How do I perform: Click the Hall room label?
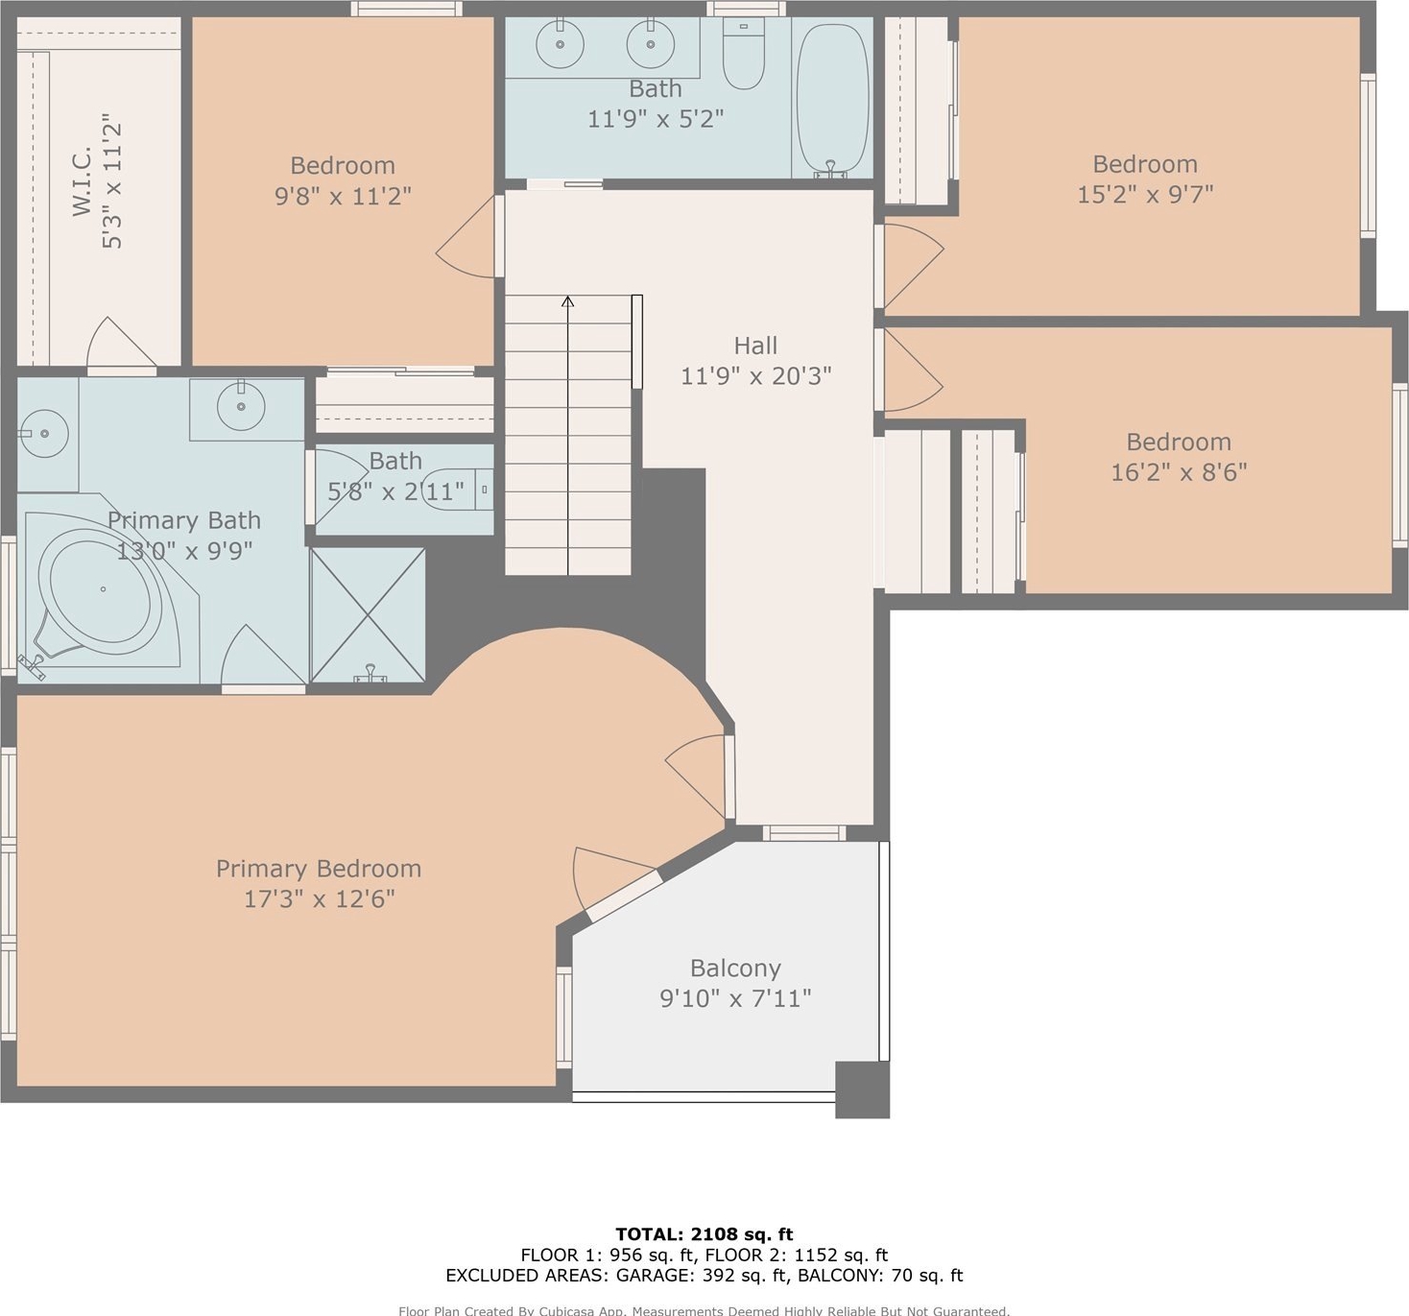pos(755,346)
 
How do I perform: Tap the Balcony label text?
pos(736,969)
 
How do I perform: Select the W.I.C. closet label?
pos(83,181)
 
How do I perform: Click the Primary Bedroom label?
pos(319,869)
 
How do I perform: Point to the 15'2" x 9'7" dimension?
pos(1145,194)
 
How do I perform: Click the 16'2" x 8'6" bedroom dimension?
pos(1179,472)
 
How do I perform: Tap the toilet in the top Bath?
pos(744,53)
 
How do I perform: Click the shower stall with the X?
pos(369,614)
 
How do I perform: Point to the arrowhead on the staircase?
pos(567,301)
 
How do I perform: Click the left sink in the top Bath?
pos(560,44)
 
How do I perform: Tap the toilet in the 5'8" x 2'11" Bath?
pos(458,490)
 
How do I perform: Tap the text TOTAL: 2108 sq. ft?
pos(704,1233)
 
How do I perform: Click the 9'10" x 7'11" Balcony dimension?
pos(736,998)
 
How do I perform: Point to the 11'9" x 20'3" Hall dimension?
pos(755,375)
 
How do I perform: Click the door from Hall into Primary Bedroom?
pos(700,777)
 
